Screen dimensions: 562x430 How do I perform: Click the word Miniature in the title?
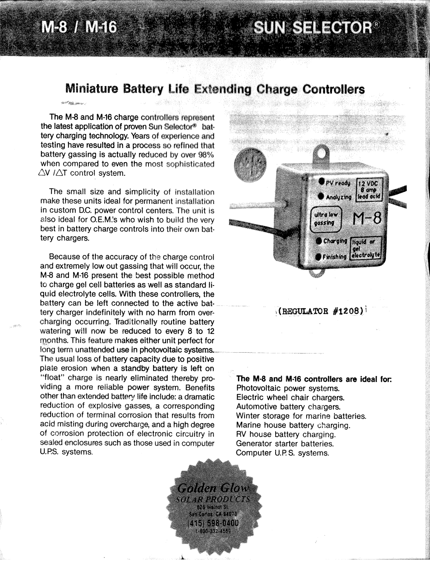(92, 89)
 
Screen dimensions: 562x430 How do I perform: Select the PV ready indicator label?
(337, 182)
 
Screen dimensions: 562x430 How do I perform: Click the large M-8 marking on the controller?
(367, 220)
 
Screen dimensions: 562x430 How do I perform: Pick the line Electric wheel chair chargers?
(290, 398)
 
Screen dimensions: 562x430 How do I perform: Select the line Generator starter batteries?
(285, 444)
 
